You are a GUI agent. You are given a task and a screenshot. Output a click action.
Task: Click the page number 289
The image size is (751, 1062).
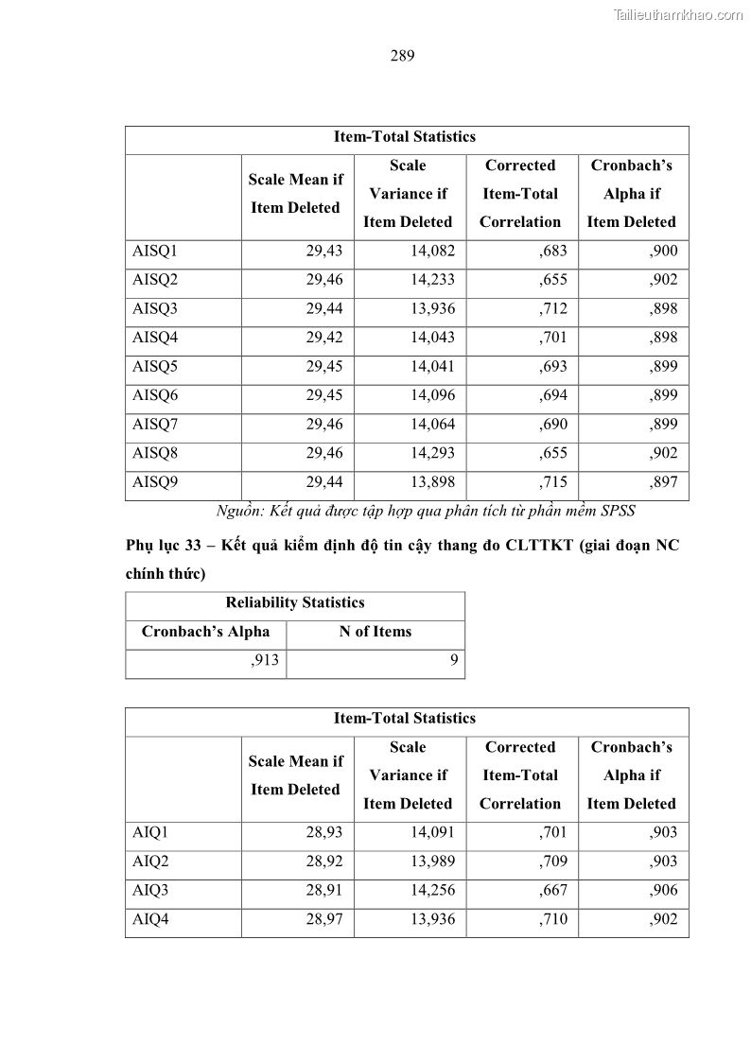[402, 55]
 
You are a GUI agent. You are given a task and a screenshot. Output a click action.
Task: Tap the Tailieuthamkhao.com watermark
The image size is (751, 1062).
[678, 14]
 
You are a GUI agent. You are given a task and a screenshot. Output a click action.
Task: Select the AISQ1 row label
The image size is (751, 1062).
[155, 252]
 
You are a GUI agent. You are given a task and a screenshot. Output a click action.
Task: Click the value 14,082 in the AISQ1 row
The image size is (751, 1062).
[432, 252]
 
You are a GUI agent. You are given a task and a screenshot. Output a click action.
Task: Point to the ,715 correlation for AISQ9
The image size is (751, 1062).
[553, 482]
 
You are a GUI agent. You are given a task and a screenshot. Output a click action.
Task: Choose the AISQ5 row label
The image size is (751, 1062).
[155, 367]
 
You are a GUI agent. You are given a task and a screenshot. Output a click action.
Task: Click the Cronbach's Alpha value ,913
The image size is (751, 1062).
[265, 661]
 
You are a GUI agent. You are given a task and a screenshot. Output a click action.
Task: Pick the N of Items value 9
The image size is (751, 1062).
[454, 661]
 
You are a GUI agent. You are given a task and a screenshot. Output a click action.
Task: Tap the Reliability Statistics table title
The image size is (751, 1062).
[295, 602]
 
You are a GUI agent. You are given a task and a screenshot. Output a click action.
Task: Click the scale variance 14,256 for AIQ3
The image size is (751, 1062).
[432, 890]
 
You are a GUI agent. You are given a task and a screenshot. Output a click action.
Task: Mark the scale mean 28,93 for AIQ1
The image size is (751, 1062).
[323, 833]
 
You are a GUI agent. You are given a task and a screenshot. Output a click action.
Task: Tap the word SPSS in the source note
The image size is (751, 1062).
[616, 512]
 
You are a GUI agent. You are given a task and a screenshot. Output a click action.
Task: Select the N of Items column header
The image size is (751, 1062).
[375, 632]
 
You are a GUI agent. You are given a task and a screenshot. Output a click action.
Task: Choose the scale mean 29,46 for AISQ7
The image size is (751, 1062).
[323, 425]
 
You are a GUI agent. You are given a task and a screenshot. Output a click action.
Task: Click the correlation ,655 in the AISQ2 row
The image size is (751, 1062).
[553, 280]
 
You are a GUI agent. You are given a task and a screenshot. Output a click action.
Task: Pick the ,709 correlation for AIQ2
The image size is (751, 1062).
[553, 862]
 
